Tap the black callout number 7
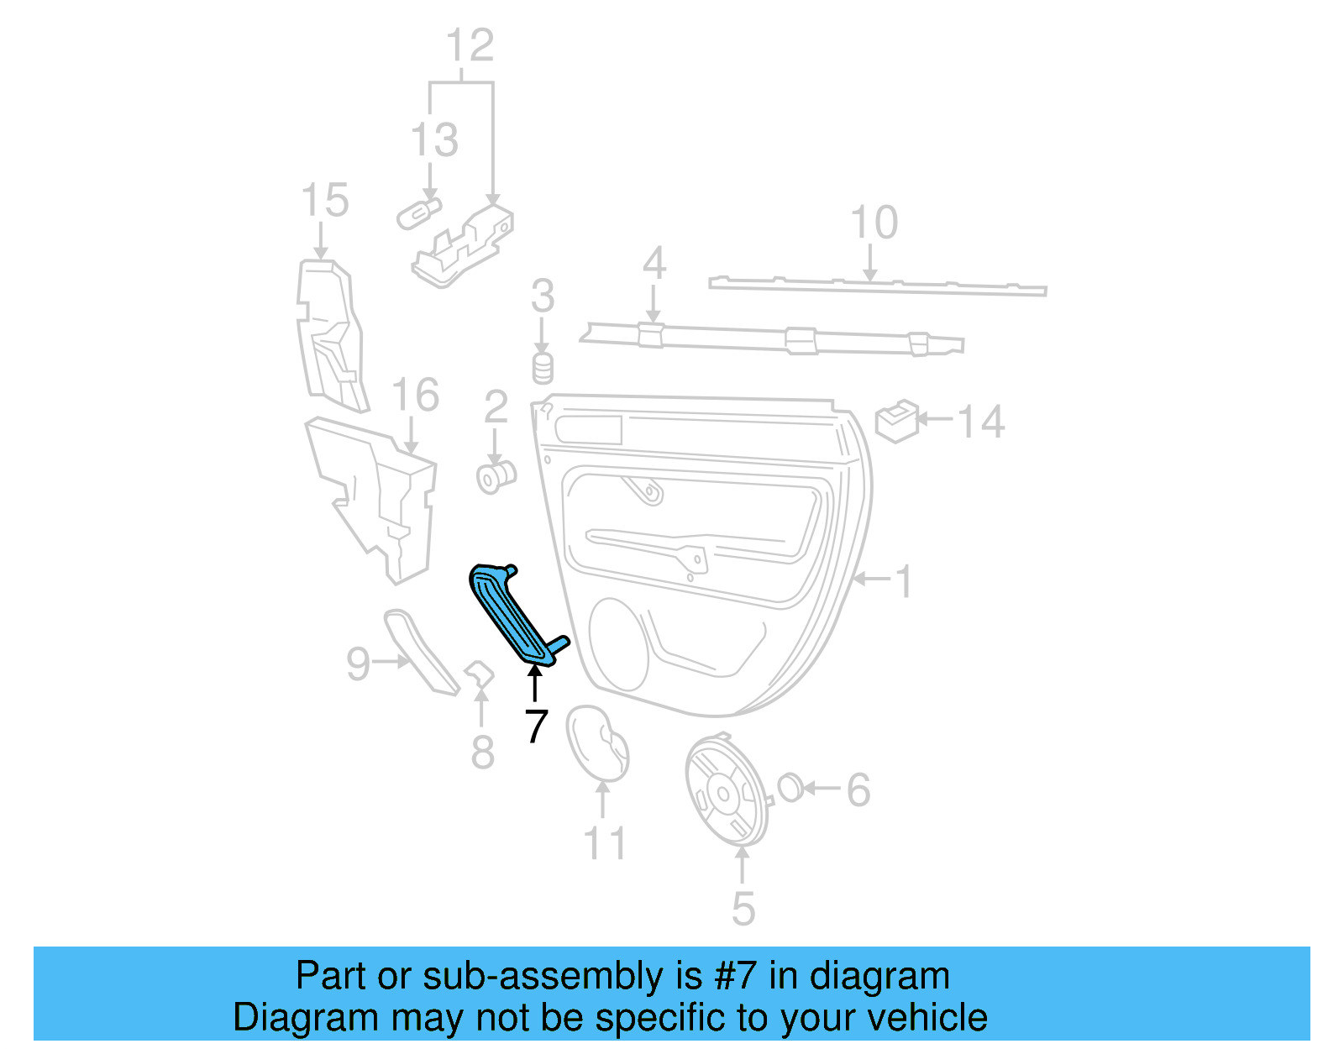pos(536,726)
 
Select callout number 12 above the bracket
pos(470,45)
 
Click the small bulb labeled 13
pos(419,213)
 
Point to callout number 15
pos(325,201)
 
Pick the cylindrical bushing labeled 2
pos(496,477)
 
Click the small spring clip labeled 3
pos(543,368)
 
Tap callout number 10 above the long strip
pos(874,223)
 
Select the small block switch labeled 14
pos(896,420)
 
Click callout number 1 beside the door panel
pos(904,581)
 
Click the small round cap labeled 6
pos(790,788)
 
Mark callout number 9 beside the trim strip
pos(359,663)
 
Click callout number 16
pos(415,395)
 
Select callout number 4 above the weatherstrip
pos(654,264)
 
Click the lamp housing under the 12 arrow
pos(464,244)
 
